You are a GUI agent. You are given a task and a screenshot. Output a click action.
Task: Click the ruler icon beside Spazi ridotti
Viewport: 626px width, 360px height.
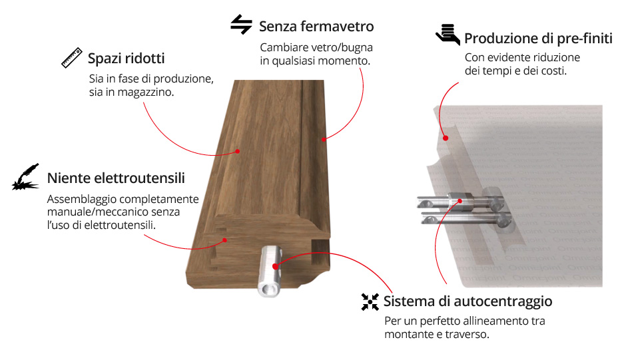[72, 57]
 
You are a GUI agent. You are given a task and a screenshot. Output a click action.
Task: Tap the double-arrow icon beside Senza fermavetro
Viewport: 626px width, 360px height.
[242, 25]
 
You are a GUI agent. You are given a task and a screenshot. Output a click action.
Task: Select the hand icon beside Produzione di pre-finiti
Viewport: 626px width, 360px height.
[448, 34]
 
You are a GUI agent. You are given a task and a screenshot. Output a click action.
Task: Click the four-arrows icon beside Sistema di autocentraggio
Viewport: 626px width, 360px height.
[370, 301]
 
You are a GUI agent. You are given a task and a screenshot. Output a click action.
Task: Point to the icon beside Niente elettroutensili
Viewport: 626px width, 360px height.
[25, 177]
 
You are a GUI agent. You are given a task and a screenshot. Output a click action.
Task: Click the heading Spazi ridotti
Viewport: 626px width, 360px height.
[126, 59]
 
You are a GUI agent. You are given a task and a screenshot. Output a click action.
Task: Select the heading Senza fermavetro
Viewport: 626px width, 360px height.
[316, 27]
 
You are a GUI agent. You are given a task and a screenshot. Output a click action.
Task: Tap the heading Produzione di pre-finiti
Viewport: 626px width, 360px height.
[538, 39]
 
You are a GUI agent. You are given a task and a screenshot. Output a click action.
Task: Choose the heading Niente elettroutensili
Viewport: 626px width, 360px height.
[116, 178]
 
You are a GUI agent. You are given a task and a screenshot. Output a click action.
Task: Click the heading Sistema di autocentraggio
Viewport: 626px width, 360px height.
[468, 301]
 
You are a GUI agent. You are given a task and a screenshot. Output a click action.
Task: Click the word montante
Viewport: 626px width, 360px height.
[408, 335]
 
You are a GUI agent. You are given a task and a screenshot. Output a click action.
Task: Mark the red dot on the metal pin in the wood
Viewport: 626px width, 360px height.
[275, 266]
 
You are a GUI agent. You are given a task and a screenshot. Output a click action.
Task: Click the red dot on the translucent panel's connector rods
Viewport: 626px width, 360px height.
[460, 201]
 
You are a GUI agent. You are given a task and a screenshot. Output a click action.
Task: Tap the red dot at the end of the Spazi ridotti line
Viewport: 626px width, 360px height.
[238, 151]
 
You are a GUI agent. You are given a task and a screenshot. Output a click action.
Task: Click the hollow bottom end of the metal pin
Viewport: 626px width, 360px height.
[268, 289]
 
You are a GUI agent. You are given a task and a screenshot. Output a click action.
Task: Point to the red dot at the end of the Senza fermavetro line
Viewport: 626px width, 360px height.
[324, 139]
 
